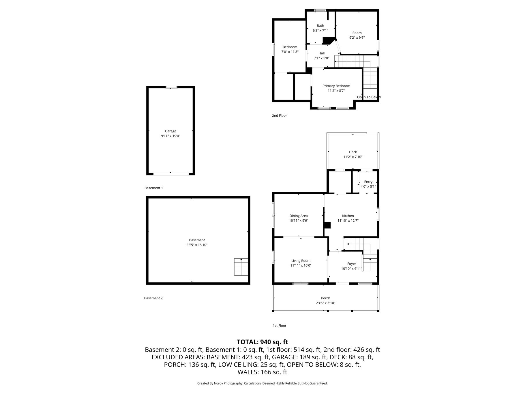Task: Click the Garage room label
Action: point(170,131)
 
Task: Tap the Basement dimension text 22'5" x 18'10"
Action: point(197,245)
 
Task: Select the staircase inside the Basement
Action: point(241,267)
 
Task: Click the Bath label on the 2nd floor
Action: point(320,26)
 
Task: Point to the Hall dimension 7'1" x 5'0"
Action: point(322,58)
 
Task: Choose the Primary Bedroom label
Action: point(336,86)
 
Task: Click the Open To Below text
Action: point(369,97)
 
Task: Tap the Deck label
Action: point(353,152)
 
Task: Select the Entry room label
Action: point(368,182)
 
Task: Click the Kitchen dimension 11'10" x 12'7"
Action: point(348,221)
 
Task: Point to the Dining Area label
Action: point(299,216)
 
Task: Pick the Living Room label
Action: point(301,261)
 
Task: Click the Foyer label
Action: point(352,264)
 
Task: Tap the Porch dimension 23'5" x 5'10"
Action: point(326,303)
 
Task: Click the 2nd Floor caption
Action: point(280,116)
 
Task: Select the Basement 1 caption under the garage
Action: point(154,188)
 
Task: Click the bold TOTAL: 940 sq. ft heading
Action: point(262,342)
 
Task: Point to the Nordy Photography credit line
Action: point(262,383)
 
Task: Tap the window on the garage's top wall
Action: point(171,87)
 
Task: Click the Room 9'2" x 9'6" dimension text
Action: point(357,38)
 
